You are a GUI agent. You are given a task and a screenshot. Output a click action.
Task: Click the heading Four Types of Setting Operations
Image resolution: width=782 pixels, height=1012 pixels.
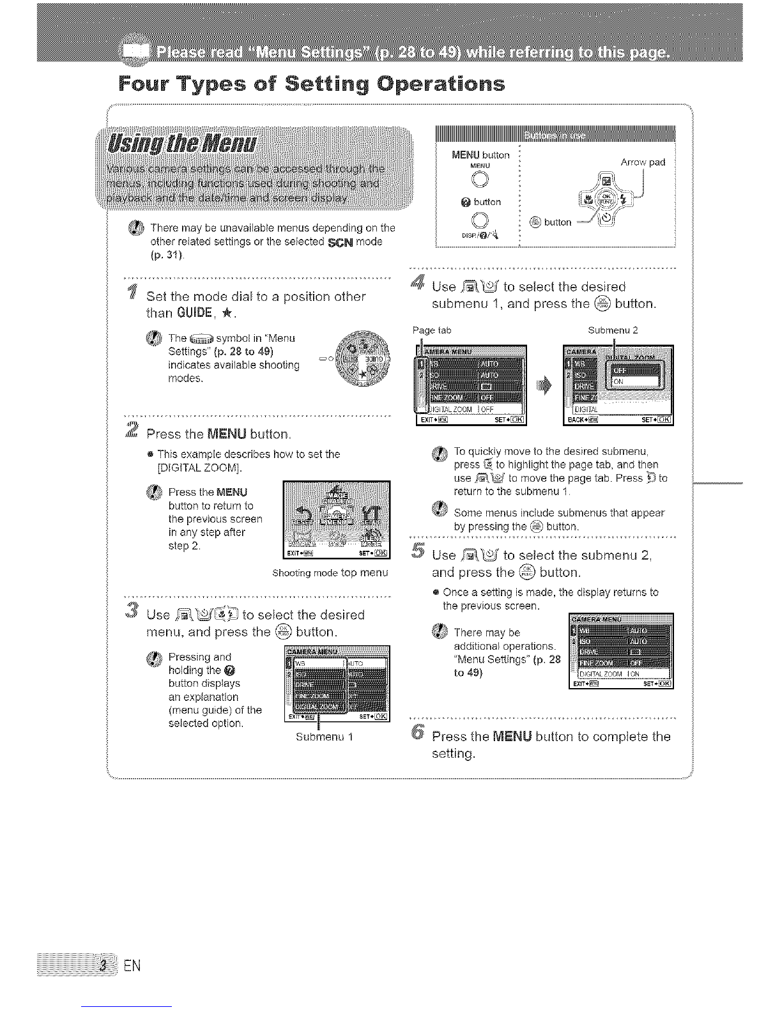pyautogui.click(x=312, y=84)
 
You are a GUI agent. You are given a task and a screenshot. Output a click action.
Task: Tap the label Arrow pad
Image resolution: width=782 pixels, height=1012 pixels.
pyautogui.click(x=643, y=162)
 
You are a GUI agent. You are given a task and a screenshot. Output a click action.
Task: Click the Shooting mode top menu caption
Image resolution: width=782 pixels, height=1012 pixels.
pyautogui.click(x=330, y=573)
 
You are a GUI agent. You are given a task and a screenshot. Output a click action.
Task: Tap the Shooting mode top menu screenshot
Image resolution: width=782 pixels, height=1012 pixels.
pyautogui.click(x=336, y=519)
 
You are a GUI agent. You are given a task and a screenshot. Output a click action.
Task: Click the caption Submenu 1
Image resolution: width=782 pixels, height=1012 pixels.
pyautogui.click(x=325, y=737)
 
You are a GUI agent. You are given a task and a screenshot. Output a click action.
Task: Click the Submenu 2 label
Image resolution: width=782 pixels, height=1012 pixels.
pyautogui.click(x=612, y=330)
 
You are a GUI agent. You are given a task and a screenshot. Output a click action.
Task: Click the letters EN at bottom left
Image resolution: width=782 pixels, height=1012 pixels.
pyautogui.click(x=131, y=965)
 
